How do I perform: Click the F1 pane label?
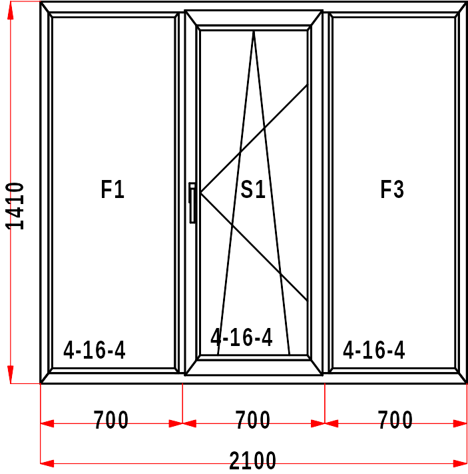pyautogui.click(x=113, y=189)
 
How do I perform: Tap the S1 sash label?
pyautogui.click(x=253, y=189)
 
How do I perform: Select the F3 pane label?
pyautogui.click(x=392, y=189)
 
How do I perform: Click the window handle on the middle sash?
pyautogui.click(x=192, y=203)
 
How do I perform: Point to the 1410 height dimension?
pyautogui.click(x=15, y=206)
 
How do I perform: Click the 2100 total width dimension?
pyautogui.click(x=252, y=461)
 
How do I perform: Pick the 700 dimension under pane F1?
pyautogui.click(x=111, y=419)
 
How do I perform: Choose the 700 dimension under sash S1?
pyautogui.click(x=253, y=419)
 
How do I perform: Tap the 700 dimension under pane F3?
pyautogui.click(x=395, y=419)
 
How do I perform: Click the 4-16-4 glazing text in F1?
pyautogui.click(x=95, y=350)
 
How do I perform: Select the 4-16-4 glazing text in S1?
pyautogui.click(x=242, y=337)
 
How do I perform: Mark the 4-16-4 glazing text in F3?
pyautogui.click(x=373, y=350)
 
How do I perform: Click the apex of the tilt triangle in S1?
pyautogui.click(x=254, y=31)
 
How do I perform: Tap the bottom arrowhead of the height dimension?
pyautogui.click(x=11, y=375)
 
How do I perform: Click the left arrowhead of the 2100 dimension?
pyautogui.click(x=47, y=463)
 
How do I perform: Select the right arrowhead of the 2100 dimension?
pyautogui.click(x=460, y=463)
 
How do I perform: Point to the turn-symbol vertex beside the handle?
pyautogui.click(x=200, y=192)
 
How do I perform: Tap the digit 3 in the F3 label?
pyautogui.click(x=398, y=189)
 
